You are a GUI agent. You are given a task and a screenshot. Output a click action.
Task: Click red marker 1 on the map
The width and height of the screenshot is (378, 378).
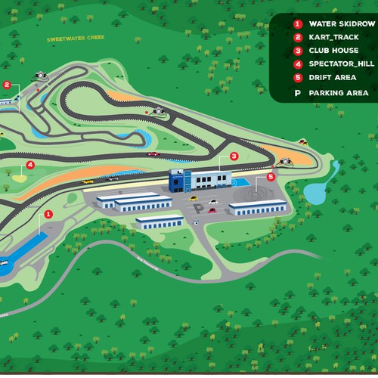(x=48, y=214)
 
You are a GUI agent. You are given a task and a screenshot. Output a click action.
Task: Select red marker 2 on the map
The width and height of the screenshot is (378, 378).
(x=7, y=85)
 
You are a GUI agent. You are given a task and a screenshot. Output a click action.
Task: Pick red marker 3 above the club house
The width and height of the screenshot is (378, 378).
(x=234, y=156)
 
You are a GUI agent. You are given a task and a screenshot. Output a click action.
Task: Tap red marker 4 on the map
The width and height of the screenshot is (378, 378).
(x=30, y=164)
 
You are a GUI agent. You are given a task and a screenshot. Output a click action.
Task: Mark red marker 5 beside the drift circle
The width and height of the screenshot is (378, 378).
(x=271, y=177)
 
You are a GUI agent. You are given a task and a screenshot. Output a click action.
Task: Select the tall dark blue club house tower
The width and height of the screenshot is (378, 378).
(x=176, y=182)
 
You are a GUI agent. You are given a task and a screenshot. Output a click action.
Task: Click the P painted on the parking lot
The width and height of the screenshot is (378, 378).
(x=197, y=207)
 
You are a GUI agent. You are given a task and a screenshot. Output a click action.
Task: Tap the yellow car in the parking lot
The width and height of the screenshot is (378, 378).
(x=213, y=201)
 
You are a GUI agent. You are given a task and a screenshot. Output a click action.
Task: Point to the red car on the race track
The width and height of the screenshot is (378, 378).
(x=153, y=154)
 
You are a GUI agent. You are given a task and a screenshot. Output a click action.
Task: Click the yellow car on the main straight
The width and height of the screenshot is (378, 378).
(x=88, y=182)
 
